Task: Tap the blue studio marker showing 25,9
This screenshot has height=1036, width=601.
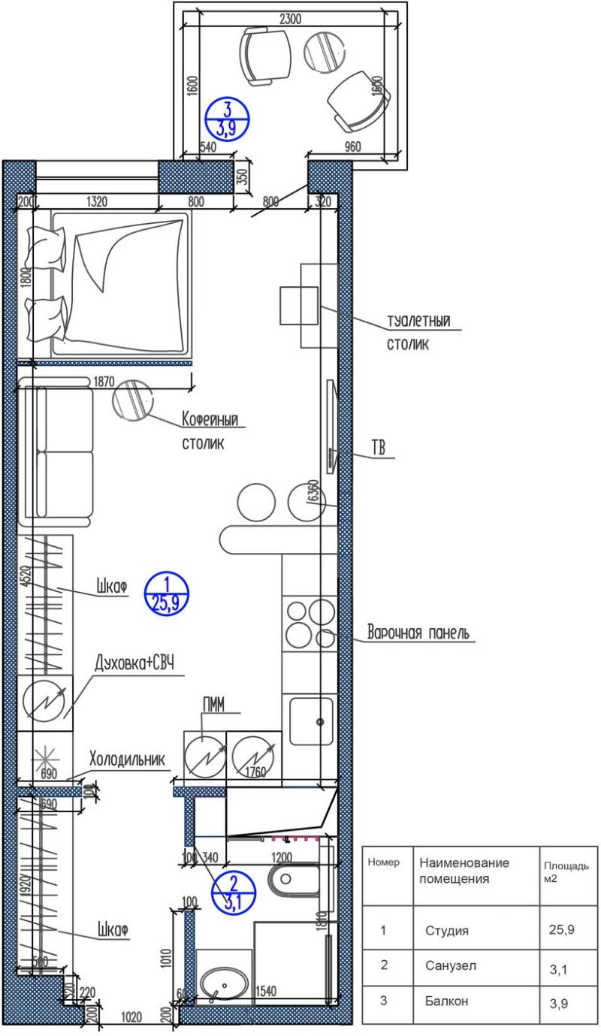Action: coord(166,594)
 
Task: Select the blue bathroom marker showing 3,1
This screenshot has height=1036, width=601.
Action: coord(234,893)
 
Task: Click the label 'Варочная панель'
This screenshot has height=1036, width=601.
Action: coord(418,632)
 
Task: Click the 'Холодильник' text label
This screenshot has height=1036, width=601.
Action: coord(126,758)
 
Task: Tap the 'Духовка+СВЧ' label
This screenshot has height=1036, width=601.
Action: coord(134,663)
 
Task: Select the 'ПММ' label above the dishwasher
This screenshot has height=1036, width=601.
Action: coord(215,704)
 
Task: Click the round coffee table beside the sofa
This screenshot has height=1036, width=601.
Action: coord(132,399)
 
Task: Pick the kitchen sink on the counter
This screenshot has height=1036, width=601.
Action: coord(310,720)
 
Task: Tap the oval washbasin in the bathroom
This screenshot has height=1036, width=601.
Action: coord(224,983)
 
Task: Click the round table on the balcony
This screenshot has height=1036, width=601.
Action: coord(323,50)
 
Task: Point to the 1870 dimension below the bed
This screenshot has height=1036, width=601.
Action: coord(104,381)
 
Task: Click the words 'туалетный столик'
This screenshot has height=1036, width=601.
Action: coord(418,333)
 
